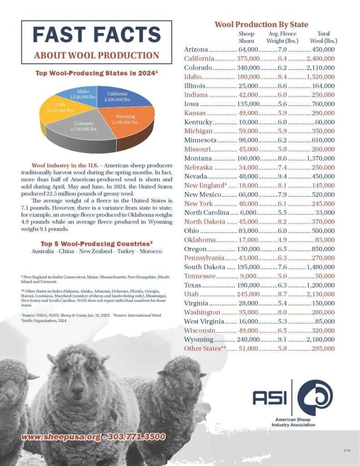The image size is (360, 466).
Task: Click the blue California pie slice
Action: tap(119, 97)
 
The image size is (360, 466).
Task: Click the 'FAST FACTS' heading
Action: tap(96, 35)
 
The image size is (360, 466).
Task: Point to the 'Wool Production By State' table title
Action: tap(261, 25)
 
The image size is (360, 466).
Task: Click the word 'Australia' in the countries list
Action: tap(43, 251)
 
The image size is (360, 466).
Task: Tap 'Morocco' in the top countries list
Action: tap(150, 251)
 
